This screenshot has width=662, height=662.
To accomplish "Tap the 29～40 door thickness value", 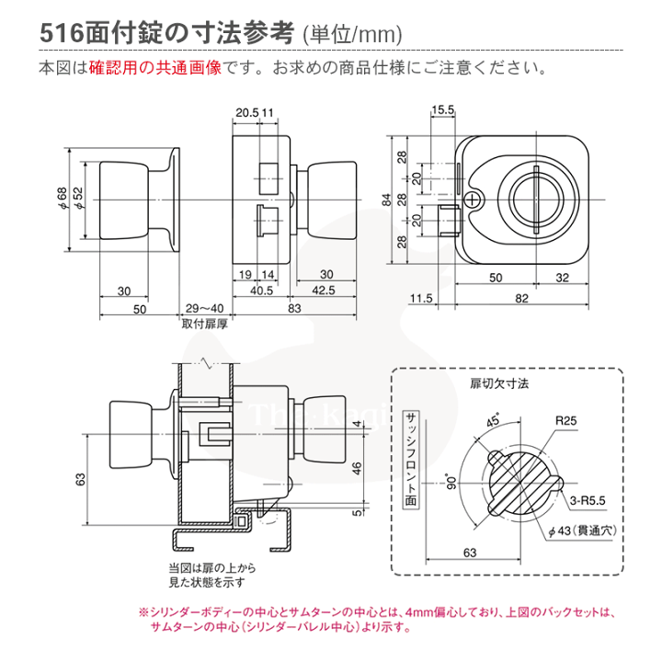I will tap(203, 308).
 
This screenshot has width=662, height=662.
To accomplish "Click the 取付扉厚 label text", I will tap(203, 324).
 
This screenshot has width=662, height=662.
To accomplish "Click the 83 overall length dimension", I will tap(294, 308).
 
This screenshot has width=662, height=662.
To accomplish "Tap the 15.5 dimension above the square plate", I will tap(444, 110).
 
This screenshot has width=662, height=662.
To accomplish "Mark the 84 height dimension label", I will tap(388, 198).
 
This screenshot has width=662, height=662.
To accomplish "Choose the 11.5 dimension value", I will tap(422, 298).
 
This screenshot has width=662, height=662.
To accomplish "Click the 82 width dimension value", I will tap(521, 298).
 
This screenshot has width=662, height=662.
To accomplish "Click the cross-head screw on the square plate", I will tap(473, 199).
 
